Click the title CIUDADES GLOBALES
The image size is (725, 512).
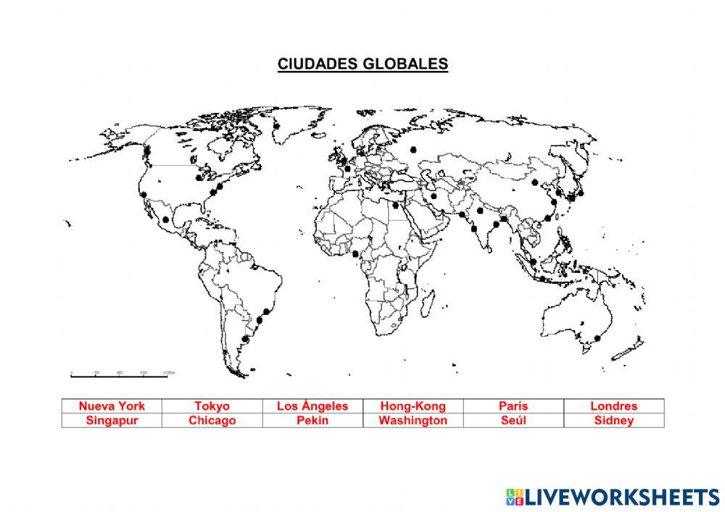(x=362, y=64)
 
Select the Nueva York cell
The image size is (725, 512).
(x=112, y=406)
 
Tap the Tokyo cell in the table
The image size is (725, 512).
(x=212, y=406)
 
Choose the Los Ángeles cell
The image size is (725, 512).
(x=312, y=406)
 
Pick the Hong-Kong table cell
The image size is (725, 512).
(x=413, y=406)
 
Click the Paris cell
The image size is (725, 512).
(x=513, y=406)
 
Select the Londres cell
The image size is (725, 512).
(x=613, y=406)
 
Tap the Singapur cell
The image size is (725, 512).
(x=112, y=420)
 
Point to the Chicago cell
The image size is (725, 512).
(x=212, y=420)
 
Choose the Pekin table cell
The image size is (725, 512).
(x=312, y=420)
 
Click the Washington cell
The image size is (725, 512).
(x=413, y=420)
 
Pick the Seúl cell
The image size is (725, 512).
(x=513, y=420)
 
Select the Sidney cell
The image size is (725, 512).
(x=613, y=420)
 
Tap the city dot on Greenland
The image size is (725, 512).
(x=277, y=125)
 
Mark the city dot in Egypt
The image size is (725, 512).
(x=396, y=204)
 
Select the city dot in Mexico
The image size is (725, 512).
(x=166, y=218)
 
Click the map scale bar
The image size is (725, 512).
(x=120, y=375)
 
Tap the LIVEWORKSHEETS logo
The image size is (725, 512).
(x=613, y=497)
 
